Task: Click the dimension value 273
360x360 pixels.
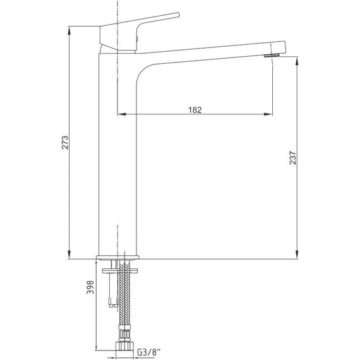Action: [65, 143]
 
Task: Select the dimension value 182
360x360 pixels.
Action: [195, 110]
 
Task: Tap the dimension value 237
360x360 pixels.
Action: [292, 157]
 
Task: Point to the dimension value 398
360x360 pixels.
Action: [90, 287]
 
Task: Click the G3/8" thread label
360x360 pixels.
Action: [149, 352]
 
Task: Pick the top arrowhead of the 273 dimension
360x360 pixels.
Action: [69, 31]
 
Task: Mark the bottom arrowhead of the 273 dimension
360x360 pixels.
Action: [69, 255]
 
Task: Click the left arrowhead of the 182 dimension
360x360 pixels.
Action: [122, 114]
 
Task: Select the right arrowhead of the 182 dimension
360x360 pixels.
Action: [268, 114]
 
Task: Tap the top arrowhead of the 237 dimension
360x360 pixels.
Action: [297, 61]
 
